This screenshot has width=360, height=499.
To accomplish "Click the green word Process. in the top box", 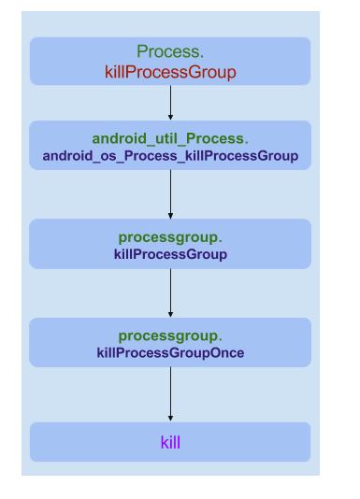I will pyautogui.click(x=169, y=52).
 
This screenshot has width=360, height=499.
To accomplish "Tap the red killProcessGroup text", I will pyautogui.click(x=169, y=71).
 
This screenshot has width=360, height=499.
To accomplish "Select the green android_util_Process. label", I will pyautogui.click(x=170, y=139).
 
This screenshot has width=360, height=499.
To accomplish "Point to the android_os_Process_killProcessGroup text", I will pyautogui.click(x=170, y=155).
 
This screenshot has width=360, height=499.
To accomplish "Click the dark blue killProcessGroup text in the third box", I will pyautogui.click(x=170, y=254).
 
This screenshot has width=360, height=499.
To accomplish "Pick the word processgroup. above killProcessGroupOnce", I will pyautogui.click(x=170, y=336).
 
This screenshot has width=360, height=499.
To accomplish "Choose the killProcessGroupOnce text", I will pyautogui.click(x=170, y=352).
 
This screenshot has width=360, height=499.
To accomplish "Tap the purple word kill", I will pyautogui.click(x=170, y=442).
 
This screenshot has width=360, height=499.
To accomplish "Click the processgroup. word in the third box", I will pyautogui.click(x=170, y=238).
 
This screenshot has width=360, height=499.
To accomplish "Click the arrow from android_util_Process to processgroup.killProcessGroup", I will pyautogui.click(x=170, y=194).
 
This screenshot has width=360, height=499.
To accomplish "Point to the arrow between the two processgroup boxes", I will pyautogui.click(x=170, y=293).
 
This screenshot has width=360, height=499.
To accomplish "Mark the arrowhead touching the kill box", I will pyautogui.click(x=170, y=418).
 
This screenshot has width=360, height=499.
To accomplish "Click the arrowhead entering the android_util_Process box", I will pyautogui.click(x=170, y=117).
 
